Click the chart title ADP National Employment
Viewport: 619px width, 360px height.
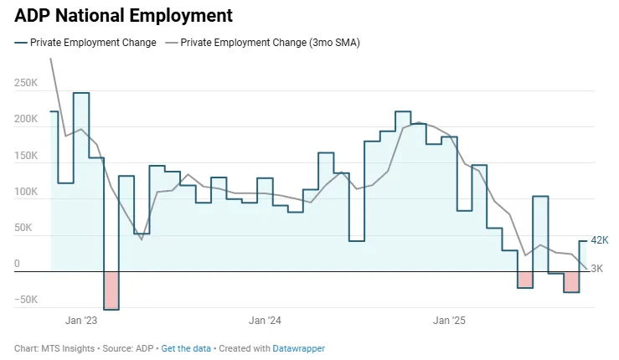(x=123, y=15)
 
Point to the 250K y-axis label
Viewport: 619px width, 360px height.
(x=26, y=83)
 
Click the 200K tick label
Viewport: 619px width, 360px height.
(x=26, y=119)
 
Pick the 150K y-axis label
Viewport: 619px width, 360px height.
(x=26, y=156)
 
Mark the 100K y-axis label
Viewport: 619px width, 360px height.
(x=26, y=192)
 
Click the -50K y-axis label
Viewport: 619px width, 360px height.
(x=26, y=300)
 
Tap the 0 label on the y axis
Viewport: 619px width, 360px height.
(x=17, y=264)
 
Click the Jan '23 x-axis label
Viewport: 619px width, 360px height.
(x=81, y=320)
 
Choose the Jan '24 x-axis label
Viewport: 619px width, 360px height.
(x=266, y=320)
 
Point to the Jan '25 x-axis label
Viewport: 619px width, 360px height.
(x=450, y=320)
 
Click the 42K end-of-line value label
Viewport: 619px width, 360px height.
(x=600, y=240)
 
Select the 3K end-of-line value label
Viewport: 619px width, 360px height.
(x=597, y=269)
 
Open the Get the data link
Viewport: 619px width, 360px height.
(x=186, y=348)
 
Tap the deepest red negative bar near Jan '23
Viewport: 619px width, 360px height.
(x=111, y=291)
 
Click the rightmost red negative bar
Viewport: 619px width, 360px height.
(x=571, y=282)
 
